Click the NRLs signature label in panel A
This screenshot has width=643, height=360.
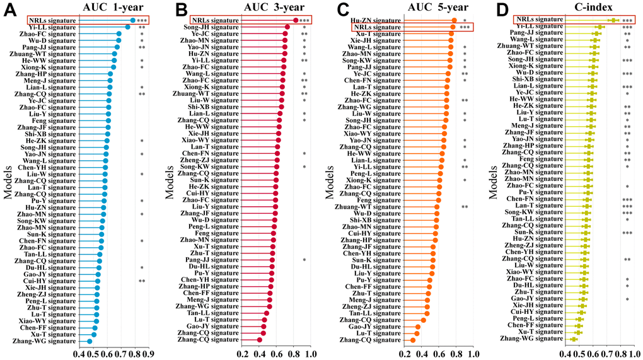coord(54,20)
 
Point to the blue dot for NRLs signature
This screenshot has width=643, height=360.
coord(132,20)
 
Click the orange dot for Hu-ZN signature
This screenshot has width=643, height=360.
coord(454,20)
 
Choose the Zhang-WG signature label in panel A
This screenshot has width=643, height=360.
coord(54,340)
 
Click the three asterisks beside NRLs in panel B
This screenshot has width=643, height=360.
coord(304,21)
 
